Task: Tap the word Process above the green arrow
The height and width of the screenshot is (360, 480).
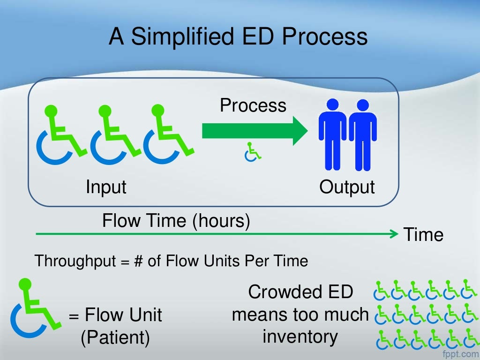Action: click(x=253, y=105)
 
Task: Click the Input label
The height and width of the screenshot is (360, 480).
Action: click(x=106, y=187)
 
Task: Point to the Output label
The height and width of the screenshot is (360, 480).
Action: click(x=347, y=187)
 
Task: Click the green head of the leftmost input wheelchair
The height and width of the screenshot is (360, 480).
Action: click(x=52, y=111)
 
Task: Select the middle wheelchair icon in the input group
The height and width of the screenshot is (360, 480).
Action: click(x=115, y=134)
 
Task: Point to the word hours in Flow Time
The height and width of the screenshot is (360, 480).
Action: click(x=221, y=220)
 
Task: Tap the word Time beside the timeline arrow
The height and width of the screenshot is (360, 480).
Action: click(x=423, y=234)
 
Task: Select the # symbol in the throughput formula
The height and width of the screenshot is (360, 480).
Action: click(x=138, y=261)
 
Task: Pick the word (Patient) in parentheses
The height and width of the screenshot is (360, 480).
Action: click(x=115, y=337)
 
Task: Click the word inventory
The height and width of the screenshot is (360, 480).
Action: click(x=300, y=336)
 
